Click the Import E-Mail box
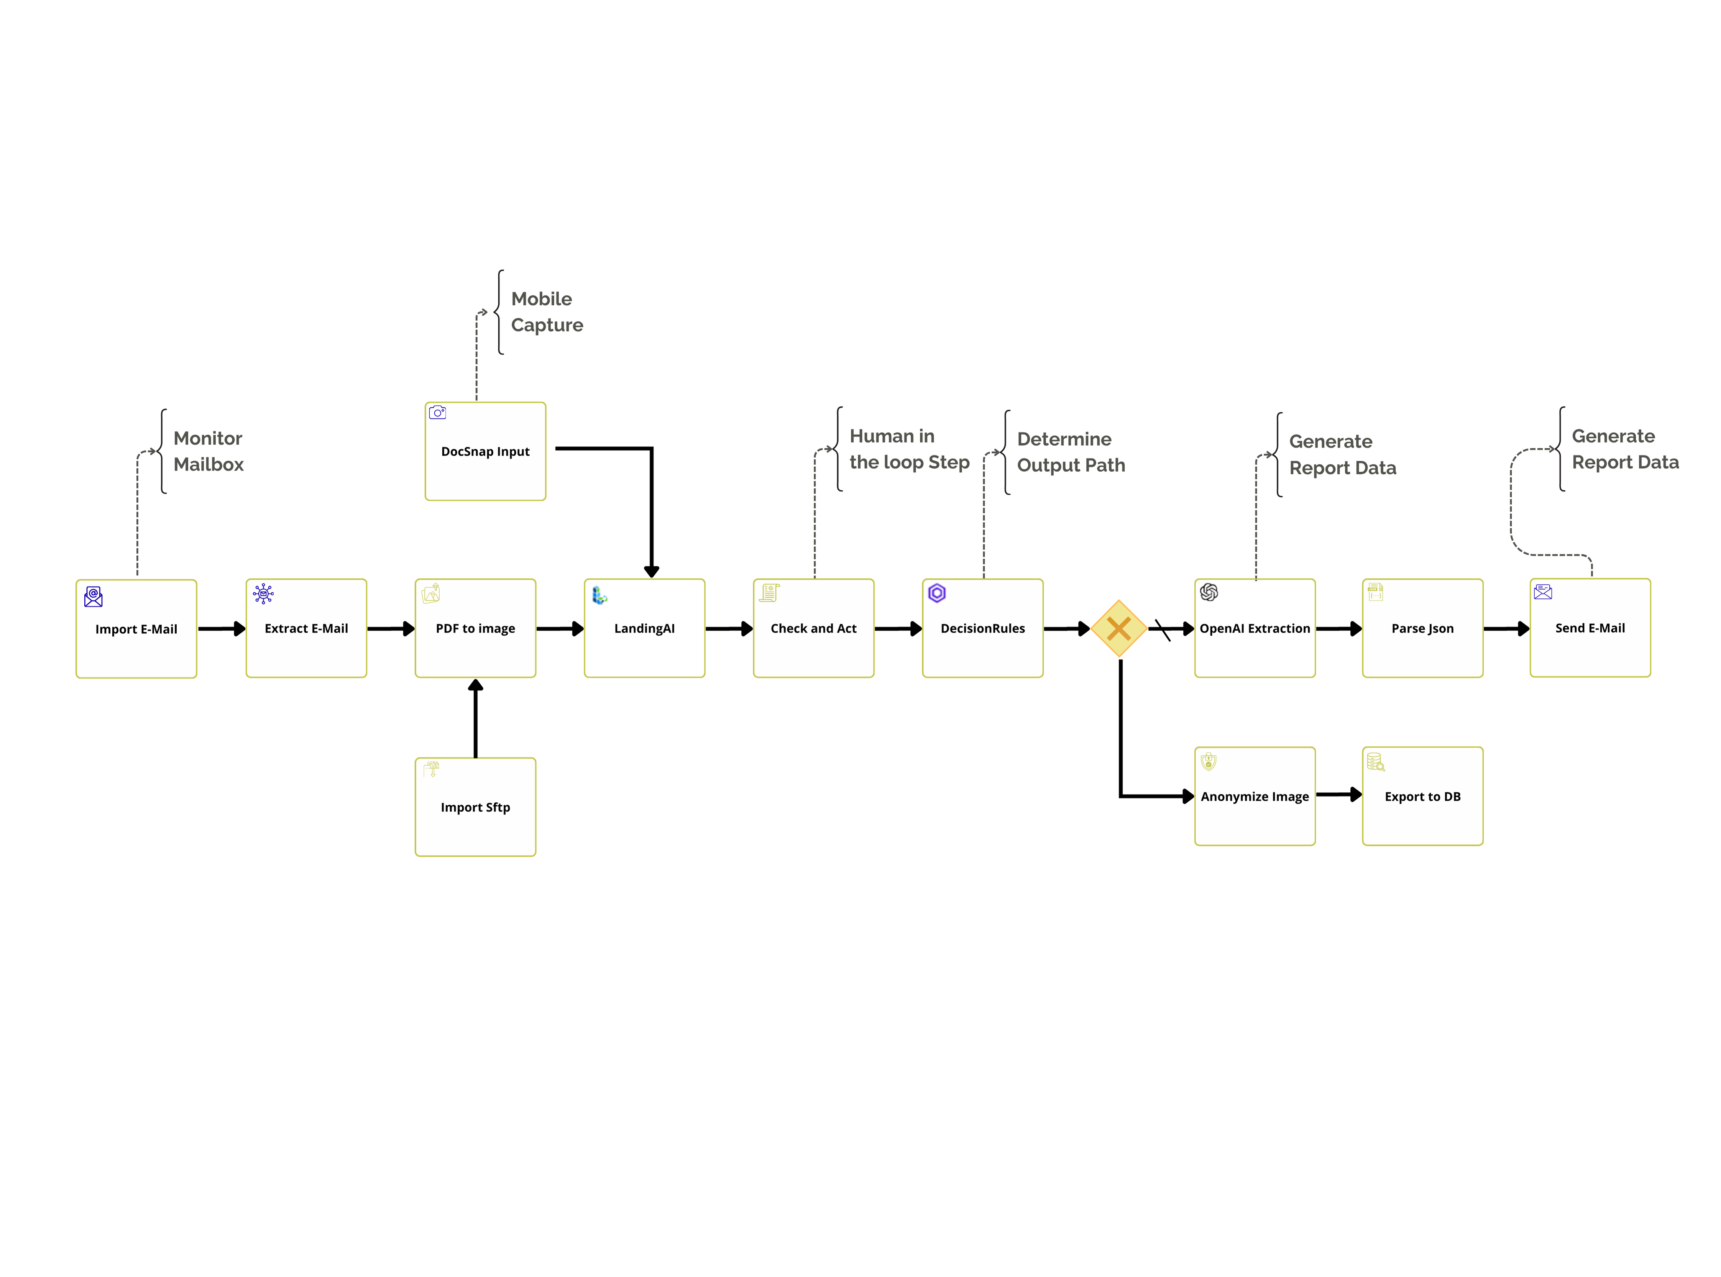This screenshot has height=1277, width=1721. [x=136, y=628]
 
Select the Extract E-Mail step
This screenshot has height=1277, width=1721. [x=306, y=628]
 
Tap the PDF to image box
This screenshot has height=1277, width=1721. [x=475, y=628]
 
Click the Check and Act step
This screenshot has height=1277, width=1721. [x=813, y=628]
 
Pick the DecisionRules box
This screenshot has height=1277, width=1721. [x=983, y=628]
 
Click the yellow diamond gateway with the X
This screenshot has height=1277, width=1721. [x=1119, y=628]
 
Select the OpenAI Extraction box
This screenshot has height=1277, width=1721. [x=1255, y=628]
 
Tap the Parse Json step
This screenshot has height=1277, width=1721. [x=1422, y=628]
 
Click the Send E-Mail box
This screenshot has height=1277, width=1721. [x=1590, y=628]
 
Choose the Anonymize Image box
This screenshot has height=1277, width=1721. [x=1255, y=796]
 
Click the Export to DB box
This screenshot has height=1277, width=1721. [x=1422, y=796]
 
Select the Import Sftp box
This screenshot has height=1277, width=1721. [x=475, y=807]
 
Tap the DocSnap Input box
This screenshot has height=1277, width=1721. [x=486, y=451]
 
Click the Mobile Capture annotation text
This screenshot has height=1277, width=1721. [x=547, y=311]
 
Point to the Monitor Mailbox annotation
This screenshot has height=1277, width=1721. [x=208, y=451]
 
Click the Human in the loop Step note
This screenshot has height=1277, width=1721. [x=909, y=449]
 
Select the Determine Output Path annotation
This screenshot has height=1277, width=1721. [x=1071, y=452]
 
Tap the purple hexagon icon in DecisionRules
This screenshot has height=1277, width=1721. [x=937, y=593]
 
